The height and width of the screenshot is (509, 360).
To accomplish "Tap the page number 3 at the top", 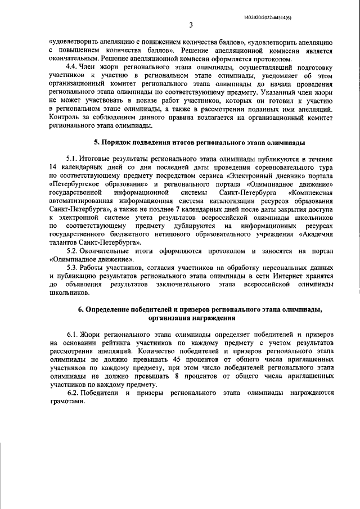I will click(191, 25).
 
